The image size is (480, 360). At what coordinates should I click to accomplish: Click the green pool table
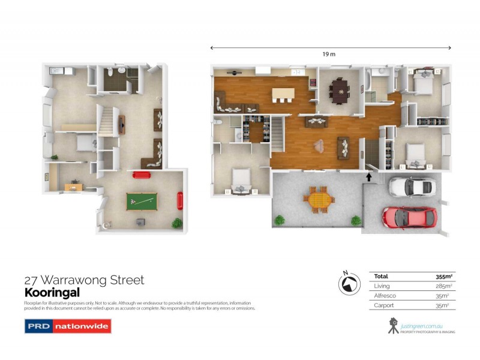coord(142,201)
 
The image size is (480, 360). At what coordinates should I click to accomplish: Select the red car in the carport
coord(409,217)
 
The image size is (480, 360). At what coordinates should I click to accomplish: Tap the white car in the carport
coord(412,187)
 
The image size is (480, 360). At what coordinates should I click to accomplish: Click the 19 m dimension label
coord(328,54)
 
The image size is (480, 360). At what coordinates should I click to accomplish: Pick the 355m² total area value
coord(443,277)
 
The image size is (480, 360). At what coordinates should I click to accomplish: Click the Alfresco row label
coord(385,296)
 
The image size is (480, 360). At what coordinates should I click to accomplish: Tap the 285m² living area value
coord(443,286)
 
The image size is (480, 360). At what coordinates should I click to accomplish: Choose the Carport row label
coord(384,305)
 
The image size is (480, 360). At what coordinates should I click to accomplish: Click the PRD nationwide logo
coord(67,326)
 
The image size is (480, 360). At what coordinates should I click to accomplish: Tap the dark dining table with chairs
coord(340,92)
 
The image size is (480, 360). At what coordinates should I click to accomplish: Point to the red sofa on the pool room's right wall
coord(179,200)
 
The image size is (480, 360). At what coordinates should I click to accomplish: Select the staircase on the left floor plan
coord(106,122)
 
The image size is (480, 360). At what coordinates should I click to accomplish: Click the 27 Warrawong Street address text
coord(84,280)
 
